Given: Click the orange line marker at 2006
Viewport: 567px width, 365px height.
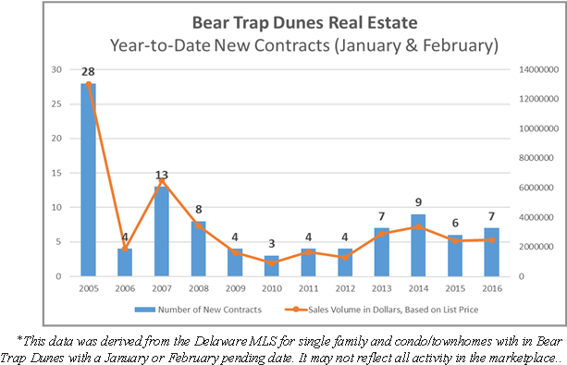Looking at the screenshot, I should coord(125,249).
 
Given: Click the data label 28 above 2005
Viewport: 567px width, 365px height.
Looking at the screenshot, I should coord(89,71).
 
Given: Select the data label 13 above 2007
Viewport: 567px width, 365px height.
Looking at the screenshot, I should coord(161,174).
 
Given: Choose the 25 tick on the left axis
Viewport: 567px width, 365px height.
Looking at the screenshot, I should coord(57,103).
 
